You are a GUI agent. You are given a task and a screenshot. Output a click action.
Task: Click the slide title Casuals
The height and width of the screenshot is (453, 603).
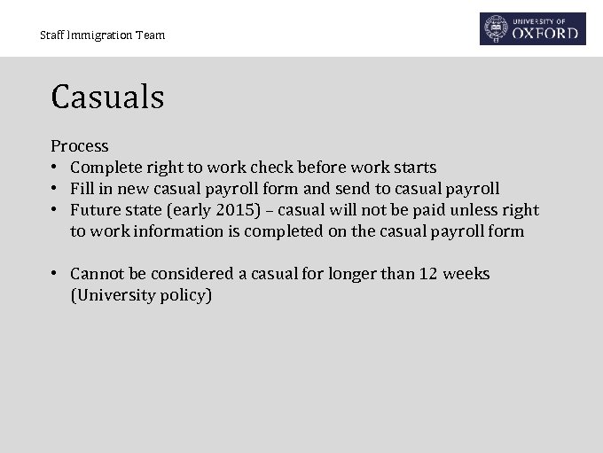click(x=107, y=97)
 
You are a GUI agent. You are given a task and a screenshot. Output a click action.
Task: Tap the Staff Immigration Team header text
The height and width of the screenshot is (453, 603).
click(x=102, y=35)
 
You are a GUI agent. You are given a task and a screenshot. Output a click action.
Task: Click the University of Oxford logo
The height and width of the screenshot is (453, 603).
click(x=533, y=28)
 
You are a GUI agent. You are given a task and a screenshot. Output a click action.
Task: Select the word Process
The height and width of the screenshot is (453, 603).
click(x=79, y=146)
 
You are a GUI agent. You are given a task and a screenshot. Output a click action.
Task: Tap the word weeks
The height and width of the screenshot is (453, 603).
click(x=466, y=274)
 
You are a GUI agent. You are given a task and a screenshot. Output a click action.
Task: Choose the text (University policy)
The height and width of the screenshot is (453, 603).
click(x=141, y=295)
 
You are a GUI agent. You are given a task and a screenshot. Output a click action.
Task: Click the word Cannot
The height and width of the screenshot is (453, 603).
click(x=98, y=274)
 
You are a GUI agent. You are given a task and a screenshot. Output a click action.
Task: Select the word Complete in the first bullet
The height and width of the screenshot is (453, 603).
click(x=106, y=168)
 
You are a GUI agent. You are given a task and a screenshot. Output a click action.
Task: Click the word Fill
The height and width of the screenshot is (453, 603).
click(x=82, y=189)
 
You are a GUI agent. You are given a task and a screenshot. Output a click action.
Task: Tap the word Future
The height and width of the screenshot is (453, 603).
click(x=98, y=210)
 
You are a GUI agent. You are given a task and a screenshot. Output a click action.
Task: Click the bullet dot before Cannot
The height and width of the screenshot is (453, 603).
click(x=55, y=274)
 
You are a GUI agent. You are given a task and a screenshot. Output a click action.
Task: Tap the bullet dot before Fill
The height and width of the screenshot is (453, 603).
click(x=55, y=189)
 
